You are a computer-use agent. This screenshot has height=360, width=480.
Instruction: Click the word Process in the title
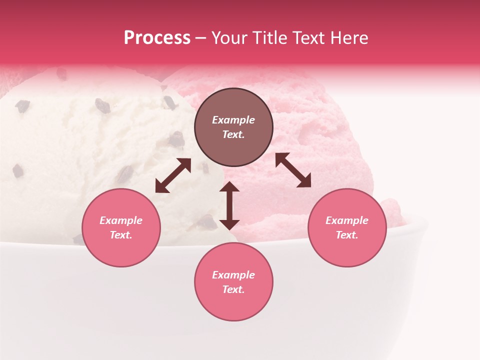[x=157, y=38]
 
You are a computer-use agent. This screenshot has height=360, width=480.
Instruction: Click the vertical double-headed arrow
[x=229, y=205]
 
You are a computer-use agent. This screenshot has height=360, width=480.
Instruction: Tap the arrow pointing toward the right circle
[x=293, y=170]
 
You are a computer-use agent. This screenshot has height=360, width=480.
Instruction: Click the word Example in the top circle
[x=233, y=120]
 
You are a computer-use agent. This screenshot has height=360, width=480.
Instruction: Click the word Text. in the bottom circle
[x=233, y=289]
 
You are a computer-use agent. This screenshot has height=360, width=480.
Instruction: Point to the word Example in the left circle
[x=121, y=220]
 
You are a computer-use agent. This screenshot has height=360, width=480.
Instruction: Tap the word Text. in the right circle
[x=347, y=235]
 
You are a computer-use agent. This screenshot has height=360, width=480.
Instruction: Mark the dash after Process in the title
[x=200, y=38]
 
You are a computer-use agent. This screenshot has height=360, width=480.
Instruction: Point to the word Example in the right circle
[x=347, y=220]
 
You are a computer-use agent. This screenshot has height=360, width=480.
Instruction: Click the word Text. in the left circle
[x=121, y=235]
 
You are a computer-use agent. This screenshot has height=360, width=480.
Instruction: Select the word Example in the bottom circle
[x=233, y=275]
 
